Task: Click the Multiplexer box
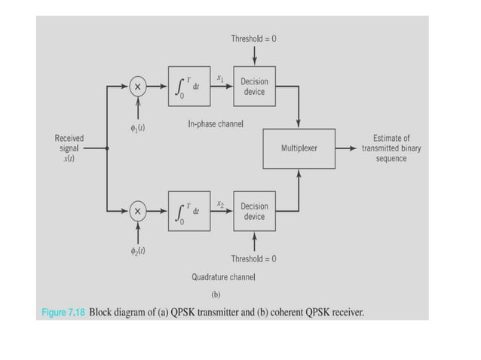point(299,148)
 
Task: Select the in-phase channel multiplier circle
point(137,87)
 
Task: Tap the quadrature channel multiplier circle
point(137,212)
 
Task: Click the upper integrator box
point(188,87)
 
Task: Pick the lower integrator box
point(188,212)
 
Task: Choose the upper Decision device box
point(254,87)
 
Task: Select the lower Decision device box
point(254,212)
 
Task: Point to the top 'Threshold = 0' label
point(253,38)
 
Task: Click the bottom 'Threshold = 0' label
point(253,259)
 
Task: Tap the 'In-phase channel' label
point(216,124)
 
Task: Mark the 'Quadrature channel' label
point(223,277)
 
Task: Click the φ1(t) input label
point(137,128)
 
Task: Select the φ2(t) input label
point(137,252)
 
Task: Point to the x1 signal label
point(220,78)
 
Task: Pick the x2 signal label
point(220,203)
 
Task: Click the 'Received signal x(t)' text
point(69,148)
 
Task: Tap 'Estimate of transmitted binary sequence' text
point(391,148)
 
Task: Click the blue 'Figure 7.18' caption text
point(64,311)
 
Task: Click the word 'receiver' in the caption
point(345,311)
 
